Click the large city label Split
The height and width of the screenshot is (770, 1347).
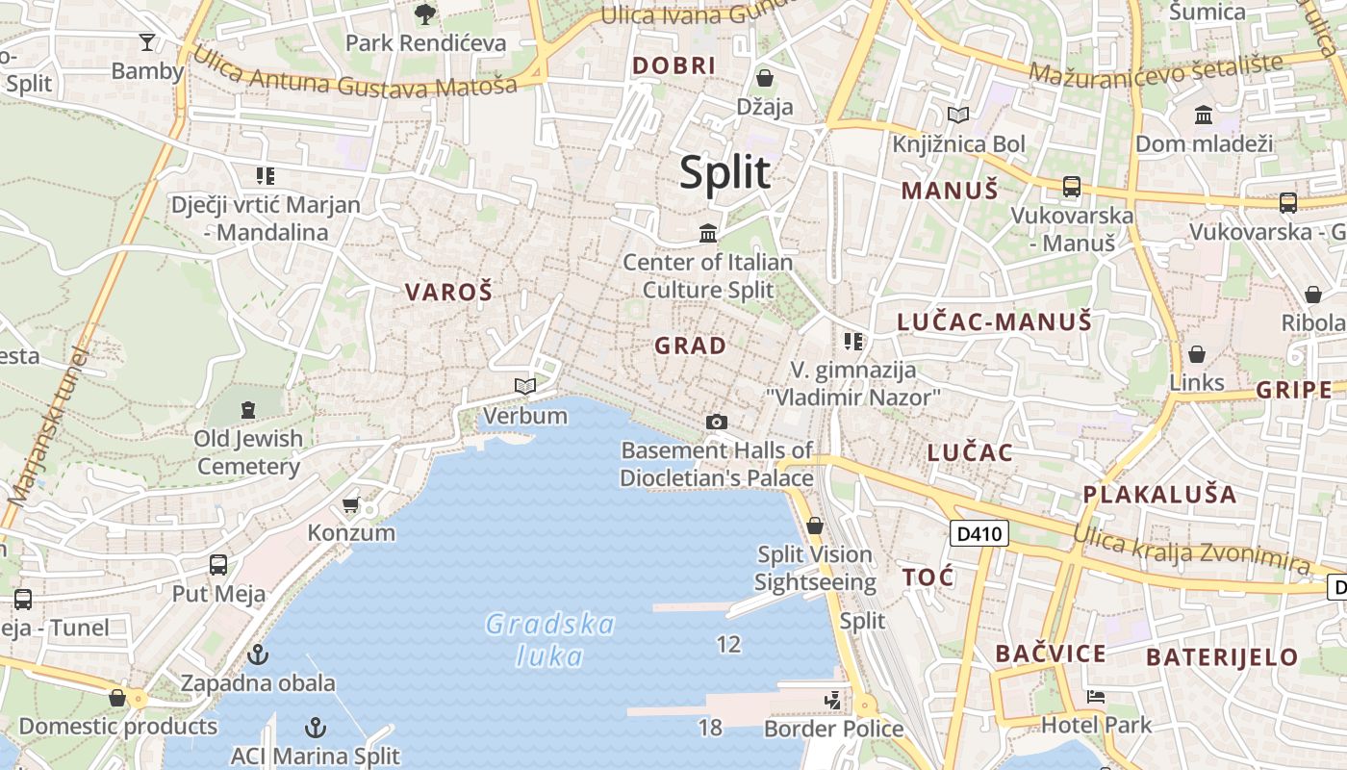pos(724,173)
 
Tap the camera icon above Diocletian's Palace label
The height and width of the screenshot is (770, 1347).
pos(716,422)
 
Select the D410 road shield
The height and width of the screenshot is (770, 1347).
pos(978,533)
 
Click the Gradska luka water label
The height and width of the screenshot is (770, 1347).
pos(549,640)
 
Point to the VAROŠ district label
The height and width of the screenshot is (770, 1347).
pos(448,292)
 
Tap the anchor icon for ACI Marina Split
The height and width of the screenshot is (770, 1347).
pos(315,728)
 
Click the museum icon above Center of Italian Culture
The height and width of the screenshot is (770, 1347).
pos(709,232)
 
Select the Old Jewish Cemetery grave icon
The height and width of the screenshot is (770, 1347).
pos(248,410)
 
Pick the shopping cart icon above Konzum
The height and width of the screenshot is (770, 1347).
pos(351,505)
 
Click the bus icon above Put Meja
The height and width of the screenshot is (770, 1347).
pos(218,565)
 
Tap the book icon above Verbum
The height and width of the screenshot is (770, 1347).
pos(524,387)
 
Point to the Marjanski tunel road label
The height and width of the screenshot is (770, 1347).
pos(46,424)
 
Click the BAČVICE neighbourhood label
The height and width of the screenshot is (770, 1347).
pos(1051,654)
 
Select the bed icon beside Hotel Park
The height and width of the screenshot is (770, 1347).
pos(1095,696)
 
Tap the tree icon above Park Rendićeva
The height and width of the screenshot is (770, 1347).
pos(424,14)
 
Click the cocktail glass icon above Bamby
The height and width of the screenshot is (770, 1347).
pos(147,42)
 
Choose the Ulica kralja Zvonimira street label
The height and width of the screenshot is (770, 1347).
pos(1190,546)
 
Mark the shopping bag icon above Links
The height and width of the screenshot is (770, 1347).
pos(1197,354)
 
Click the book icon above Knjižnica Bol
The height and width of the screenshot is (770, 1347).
pos(957,115)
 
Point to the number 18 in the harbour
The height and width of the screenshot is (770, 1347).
pos(710,728)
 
